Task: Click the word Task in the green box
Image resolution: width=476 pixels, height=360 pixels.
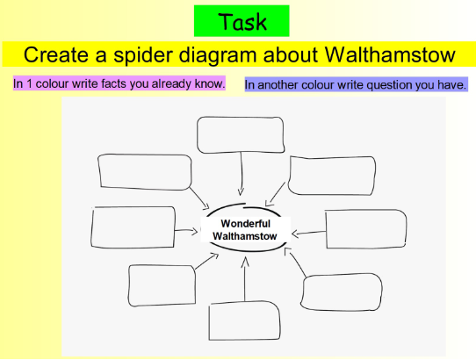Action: pos(242,22)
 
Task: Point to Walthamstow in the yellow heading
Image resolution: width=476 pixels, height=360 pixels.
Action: pos(390,55)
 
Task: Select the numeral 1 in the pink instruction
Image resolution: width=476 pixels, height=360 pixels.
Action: pos(29,83)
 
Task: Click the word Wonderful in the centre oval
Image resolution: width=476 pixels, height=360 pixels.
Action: pos(246,224)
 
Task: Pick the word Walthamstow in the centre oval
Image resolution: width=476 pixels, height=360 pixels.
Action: pos(245,236)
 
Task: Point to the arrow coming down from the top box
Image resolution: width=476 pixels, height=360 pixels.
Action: pos(242,174)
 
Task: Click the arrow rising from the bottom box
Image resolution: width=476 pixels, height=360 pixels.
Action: pos(245,279)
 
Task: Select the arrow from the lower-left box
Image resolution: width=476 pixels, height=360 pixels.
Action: pos(206,262)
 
